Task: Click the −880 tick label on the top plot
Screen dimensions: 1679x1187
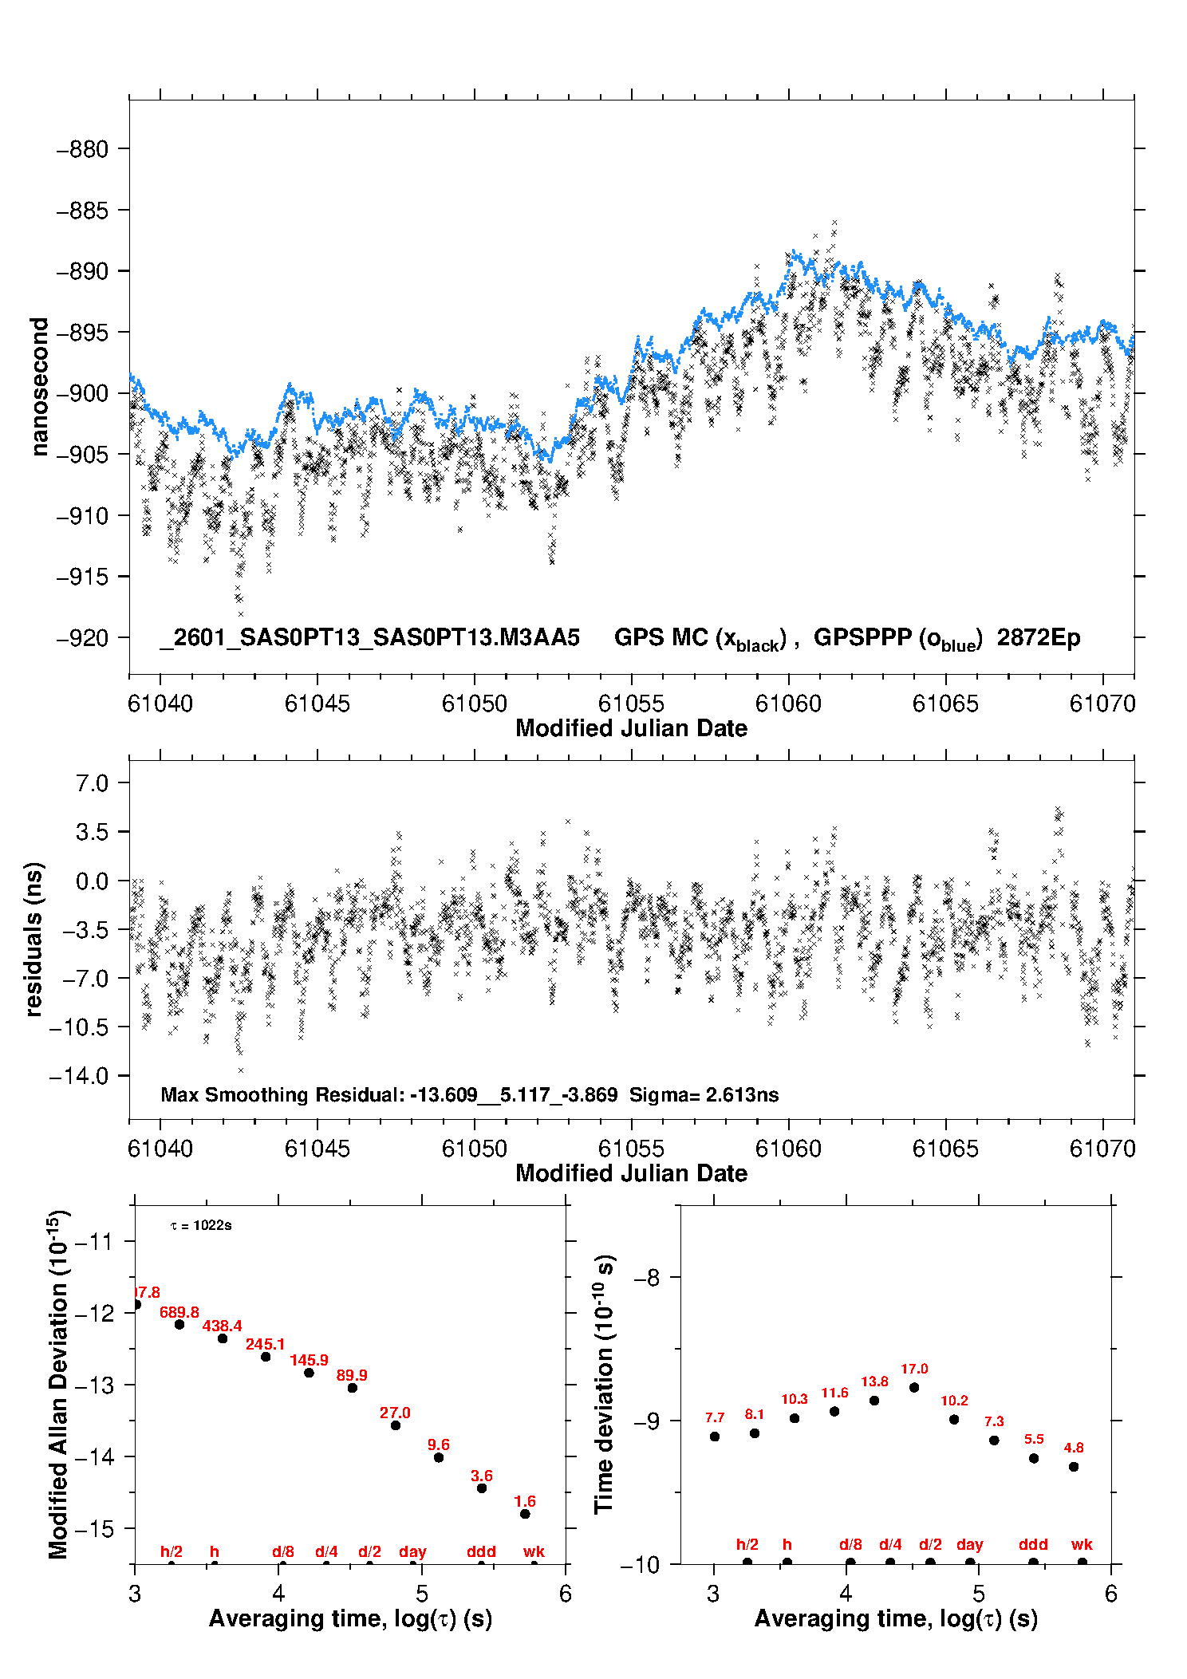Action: (x=82, y=149)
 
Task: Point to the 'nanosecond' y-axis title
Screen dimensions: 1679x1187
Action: (x=39, y=387)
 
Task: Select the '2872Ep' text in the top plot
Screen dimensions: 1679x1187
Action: (x=1039, y=638)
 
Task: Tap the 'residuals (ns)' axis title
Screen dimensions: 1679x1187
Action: (x=34, y=939)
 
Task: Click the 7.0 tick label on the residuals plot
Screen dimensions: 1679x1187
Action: (x=93, y=783)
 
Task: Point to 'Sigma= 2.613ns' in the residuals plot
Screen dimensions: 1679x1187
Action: (x=704, y=1094)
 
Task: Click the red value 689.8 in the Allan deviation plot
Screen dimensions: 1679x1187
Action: (x=179, y=1312)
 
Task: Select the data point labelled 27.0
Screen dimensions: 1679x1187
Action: (x=396, y=1425)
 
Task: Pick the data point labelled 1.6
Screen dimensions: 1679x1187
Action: (x=525, y=1514)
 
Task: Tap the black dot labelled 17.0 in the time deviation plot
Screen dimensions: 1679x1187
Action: (x=914, y=1388)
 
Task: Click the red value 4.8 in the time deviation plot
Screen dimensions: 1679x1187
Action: (x=1074, y=1448)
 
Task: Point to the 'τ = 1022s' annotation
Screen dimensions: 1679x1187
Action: (x=201, y=1225)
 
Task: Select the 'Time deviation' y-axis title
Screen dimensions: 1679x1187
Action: (x=604, y=1384)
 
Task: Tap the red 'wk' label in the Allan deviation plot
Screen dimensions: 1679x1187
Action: (x=534, y=1551)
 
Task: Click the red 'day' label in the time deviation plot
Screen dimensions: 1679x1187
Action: (x=970, y=1544)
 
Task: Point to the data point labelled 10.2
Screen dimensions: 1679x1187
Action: (x=954, y=1419)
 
